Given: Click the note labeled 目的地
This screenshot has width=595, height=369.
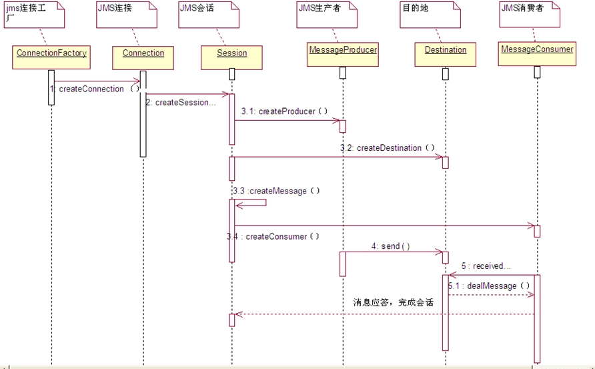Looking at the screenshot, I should coord(427,13).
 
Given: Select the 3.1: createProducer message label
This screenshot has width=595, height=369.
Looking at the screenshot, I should coord(284,111).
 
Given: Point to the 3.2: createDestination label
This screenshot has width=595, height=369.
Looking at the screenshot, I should coord(388,147).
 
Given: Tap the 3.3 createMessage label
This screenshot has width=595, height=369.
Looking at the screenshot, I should coord(277,191).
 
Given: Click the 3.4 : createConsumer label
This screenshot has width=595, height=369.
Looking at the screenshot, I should coord(273,236).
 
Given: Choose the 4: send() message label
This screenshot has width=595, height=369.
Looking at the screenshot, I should coord(391,246).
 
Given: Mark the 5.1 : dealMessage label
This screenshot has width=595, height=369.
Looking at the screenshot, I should coord(490,286).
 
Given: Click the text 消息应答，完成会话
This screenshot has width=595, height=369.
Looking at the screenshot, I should coord(393,302).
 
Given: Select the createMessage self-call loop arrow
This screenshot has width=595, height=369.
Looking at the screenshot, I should coord(251,203).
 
